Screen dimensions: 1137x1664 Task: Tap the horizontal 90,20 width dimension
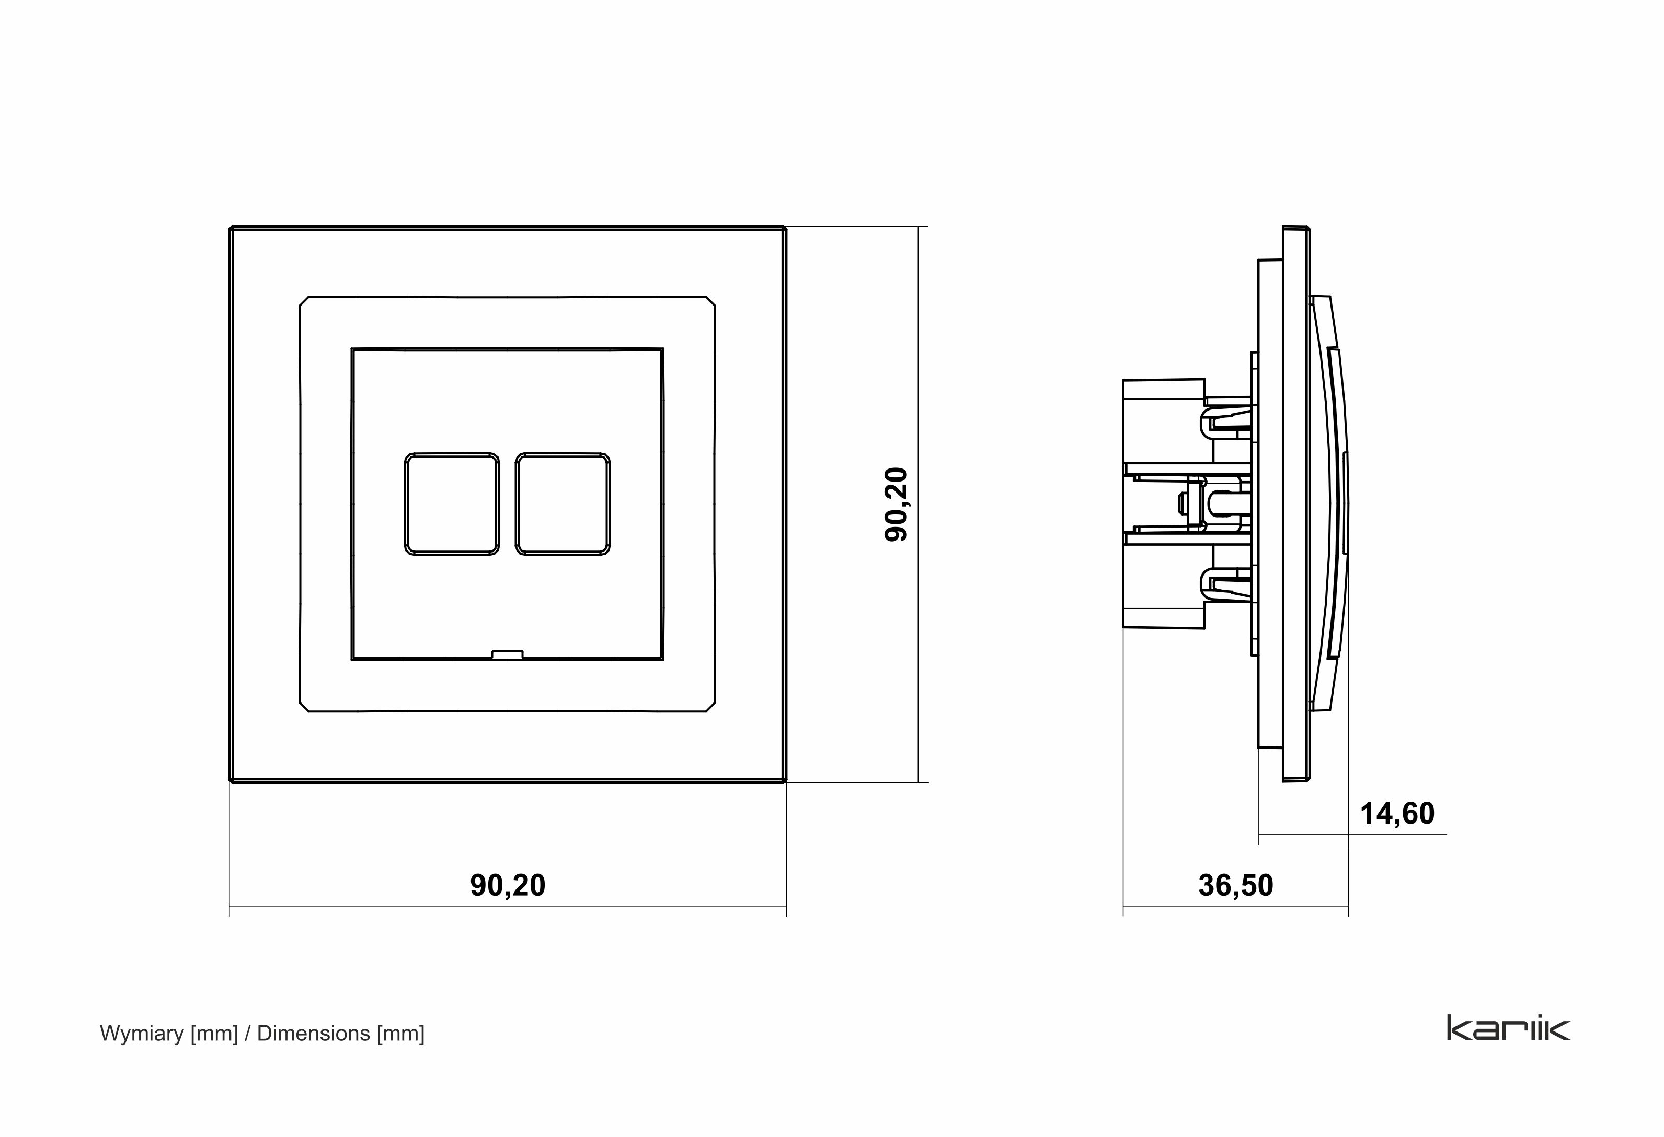click(x=507, y=885)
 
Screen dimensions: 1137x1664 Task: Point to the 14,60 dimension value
click(x=1396, y=814)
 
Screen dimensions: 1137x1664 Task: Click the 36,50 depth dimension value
click(x=1236, y=885)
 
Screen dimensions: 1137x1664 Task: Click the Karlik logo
click(x=1508, y=1029)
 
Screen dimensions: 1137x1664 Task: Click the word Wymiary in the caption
click(x=142, y=1033)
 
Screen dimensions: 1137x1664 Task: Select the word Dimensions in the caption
click(x=313, y=1033)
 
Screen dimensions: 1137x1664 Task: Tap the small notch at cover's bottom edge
click(x=507, y=653)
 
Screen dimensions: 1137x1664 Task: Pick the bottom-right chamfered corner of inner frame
click(x=710, y=706)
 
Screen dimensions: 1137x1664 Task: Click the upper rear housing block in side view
click(x=1164, y=422)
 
